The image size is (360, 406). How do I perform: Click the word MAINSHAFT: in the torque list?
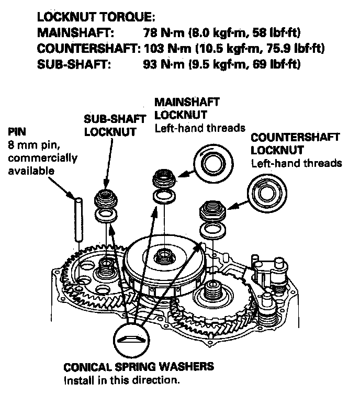[x=75, y=33]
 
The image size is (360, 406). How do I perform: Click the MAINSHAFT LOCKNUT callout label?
[x=187, y=108]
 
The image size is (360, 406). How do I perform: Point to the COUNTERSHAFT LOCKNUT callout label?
[x=295, y=144]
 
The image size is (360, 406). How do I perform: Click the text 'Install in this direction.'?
[x=121, y=380]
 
